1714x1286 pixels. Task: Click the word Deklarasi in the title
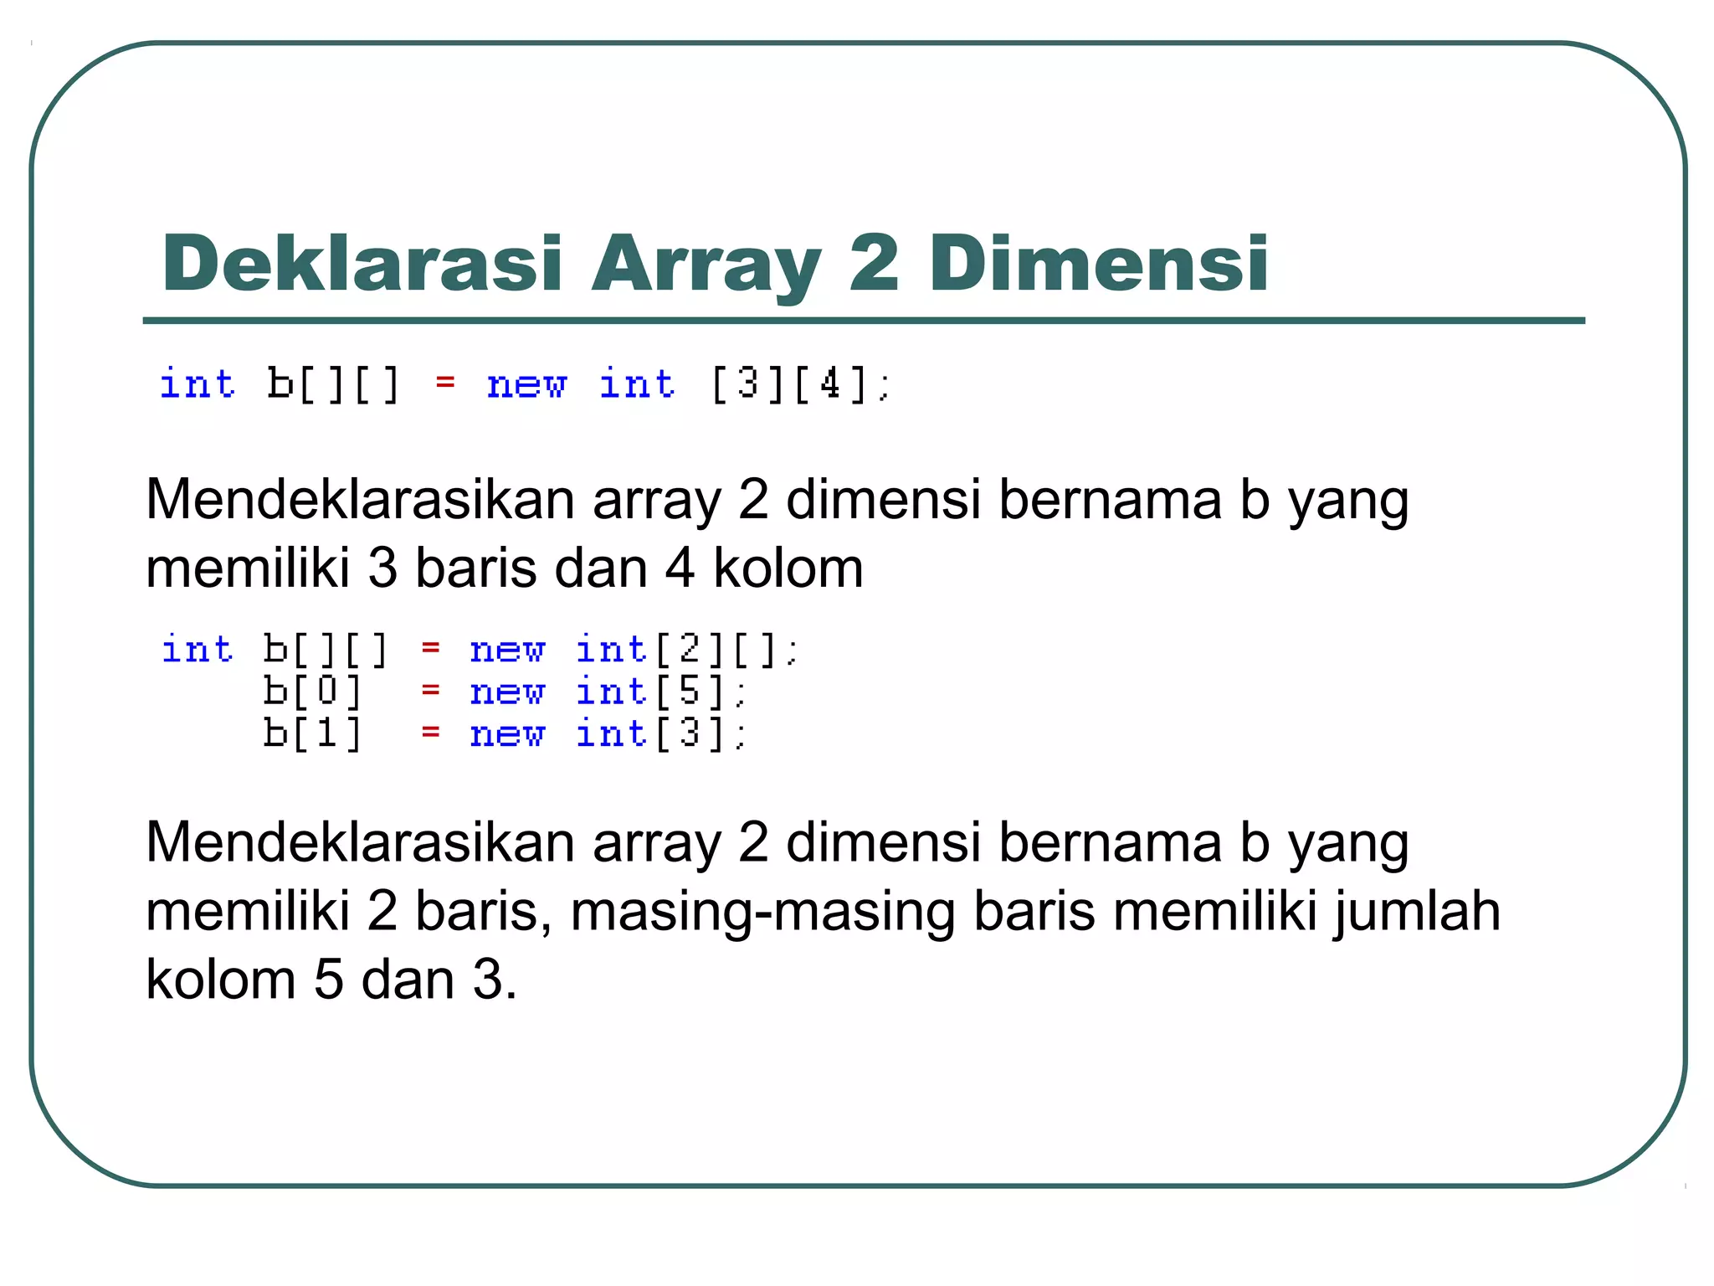[362, 264]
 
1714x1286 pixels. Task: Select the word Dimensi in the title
[1098, 264]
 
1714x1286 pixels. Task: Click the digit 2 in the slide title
[874, 264]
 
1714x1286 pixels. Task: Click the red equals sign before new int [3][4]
[444, 383]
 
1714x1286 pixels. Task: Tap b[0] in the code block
[312, 692]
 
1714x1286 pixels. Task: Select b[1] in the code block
[312, 733]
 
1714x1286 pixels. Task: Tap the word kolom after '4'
[788, 568]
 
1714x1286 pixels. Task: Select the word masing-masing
[762, 911]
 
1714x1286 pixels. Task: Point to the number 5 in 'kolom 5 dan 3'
[328, 980]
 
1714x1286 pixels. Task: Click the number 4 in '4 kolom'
[680, 568]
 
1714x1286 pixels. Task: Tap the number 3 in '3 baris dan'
[382, 568]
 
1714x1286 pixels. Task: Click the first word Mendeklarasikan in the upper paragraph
[360, 500]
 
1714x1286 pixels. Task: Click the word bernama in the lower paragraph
[1110, 842]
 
